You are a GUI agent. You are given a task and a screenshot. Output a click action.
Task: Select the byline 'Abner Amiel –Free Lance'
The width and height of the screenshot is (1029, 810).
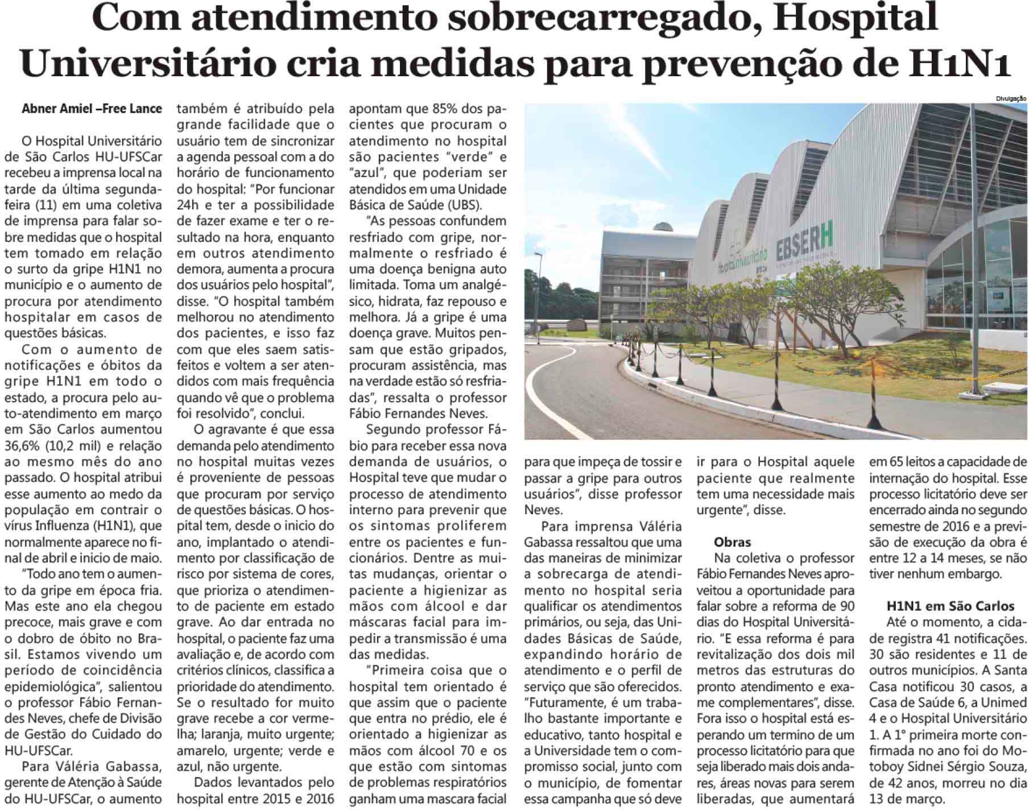[x=92, y=109]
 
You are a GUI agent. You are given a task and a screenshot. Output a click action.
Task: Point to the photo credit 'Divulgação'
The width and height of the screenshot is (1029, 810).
[x=1011, y=98]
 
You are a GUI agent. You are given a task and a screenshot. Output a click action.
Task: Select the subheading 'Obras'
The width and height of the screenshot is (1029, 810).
[x=733, y=542]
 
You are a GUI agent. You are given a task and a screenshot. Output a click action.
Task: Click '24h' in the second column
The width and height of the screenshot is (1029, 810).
[x=188, y=205]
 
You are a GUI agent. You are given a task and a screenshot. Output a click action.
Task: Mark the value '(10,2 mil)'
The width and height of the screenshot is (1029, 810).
[x=75, y=446]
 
